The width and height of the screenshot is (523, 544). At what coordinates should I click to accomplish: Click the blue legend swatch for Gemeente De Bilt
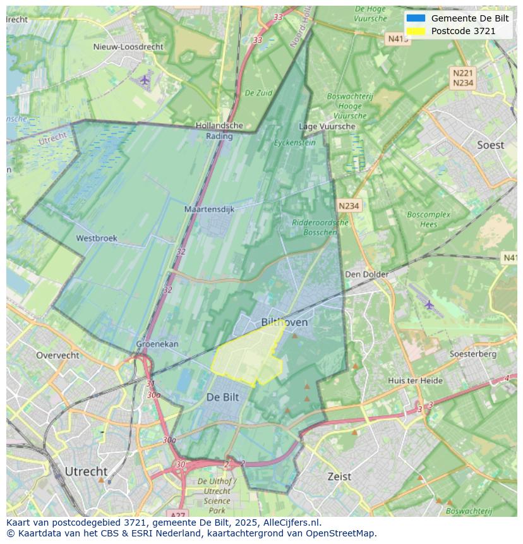coord(416,18)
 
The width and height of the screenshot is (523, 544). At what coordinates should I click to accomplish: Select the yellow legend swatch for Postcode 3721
coord(416,31)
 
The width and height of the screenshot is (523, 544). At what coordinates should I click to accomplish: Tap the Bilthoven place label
coord(284,322)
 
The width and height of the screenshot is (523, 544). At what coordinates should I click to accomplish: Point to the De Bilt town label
coord(223,397)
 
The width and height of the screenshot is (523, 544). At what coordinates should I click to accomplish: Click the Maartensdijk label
coord(209,209)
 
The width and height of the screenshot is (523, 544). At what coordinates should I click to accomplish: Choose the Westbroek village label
coord(97,238)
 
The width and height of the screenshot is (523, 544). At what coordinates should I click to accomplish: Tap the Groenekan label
coord(157,344)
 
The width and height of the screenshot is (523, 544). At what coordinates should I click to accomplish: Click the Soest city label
coord(490,145)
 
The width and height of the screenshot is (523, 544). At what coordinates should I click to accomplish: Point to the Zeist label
coord(339,476)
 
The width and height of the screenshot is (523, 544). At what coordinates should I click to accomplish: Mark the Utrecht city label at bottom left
coord(86,471)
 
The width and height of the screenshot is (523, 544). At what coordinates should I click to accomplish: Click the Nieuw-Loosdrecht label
coord(128,47)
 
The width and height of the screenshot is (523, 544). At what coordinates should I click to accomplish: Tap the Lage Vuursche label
coord(327,126)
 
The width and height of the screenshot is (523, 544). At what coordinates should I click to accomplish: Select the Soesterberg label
coord(473,354)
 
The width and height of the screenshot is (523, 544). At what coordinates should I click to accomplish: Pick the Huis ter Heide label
coord(415,380)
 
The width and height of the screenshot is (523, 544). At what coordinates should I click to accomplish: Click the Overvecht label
coord(57,355)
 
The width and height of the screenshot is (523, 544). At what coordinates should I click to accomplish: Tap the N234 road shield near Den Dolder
coord(349,206)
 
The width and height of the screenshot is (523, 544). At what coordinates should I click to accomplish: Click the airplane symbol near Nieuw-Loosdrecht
coord(145,80)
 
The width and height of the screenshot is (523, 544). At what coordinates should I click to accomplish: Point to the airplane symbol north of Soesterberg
coord(430,305)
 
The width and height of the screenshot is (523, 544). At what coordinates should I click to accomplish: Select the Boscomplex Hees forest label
coord(429,219)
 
